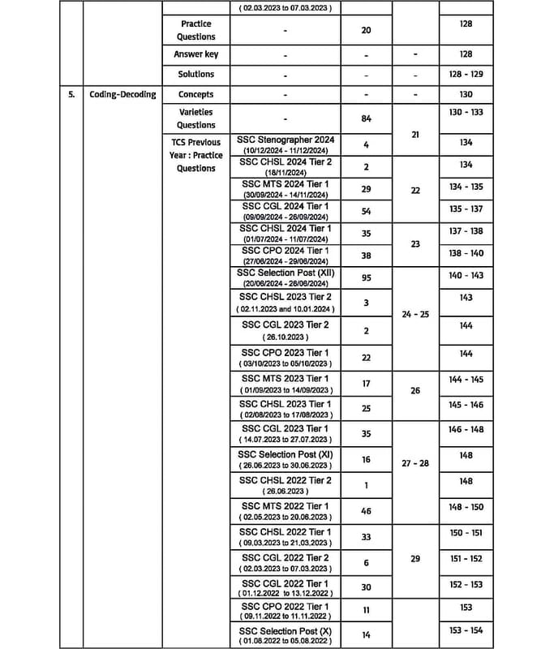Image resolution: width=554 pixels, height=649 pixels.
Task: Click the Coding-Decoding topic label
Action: click(x=122, y=94)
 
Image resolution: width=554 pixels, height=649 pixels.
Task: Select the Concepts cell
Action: click(x=195, y=94)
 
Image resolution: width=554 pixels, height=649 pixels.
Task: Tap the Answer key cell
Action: click(x=195, y=54)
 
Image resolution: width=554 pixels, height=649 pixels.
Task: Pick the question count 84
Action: click(x=367, y=118)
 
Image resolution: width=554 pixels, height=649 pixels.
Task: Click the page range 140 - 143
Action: click(x=466, y=275)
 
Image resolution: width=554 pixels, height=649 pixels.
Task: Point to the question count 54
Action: click(x=367, y=211)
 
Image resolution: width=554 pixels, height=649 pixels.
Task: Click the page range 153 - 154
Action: click(x=466, y=630)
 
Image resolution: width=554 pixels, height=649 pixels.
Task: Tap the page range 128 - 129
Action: click(x=466, y=74)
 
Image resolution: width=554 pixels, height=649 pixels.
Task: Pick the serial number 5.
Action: click(x=71, y=94)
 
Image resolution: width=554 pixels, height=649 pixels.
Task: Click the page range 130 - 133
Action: click(x=466, y=112)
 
